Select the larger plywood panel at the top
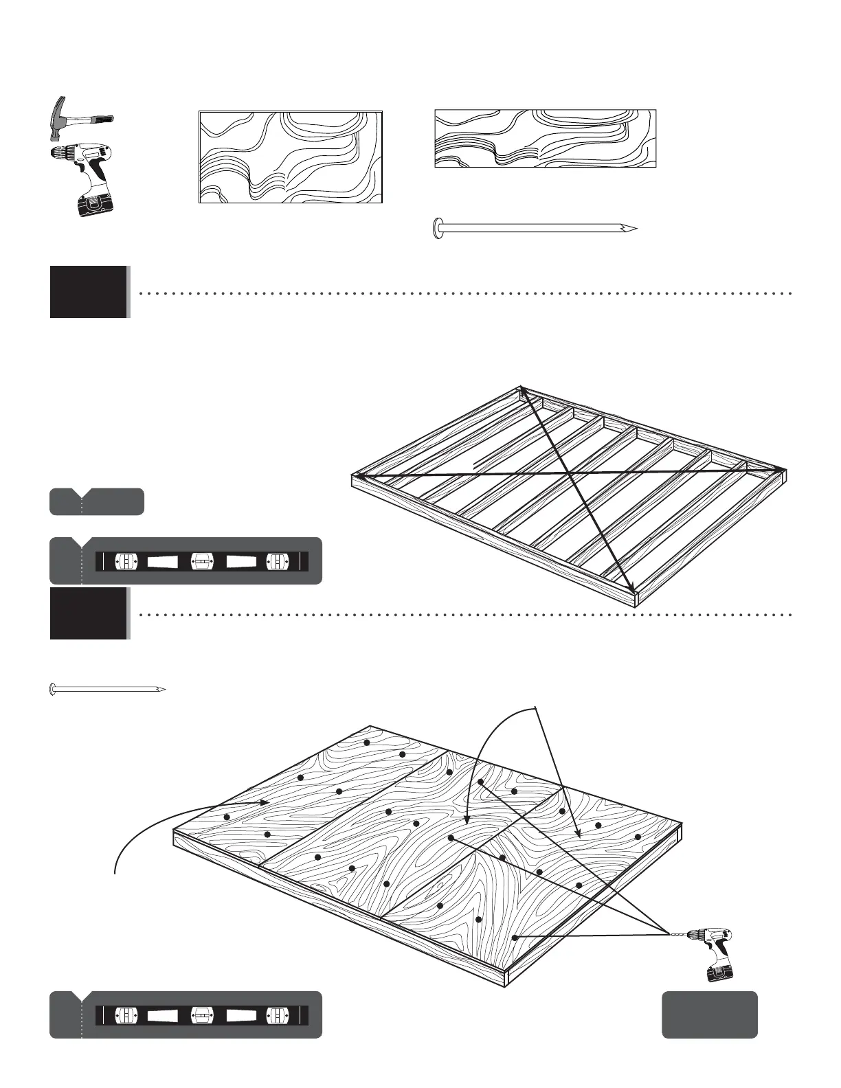(x=290, y=157)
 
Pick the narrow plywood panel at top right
(x=545, y=138)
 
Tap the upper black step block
(x=89, y=292)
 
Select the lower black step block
(x=89, y=613)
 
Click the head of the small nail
(x=53, y=689)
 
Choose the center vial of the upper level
(x=201, y=561)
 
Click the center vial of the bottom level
(x=201, y=1015)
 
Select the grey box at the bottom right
(x=709, y=1015)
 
